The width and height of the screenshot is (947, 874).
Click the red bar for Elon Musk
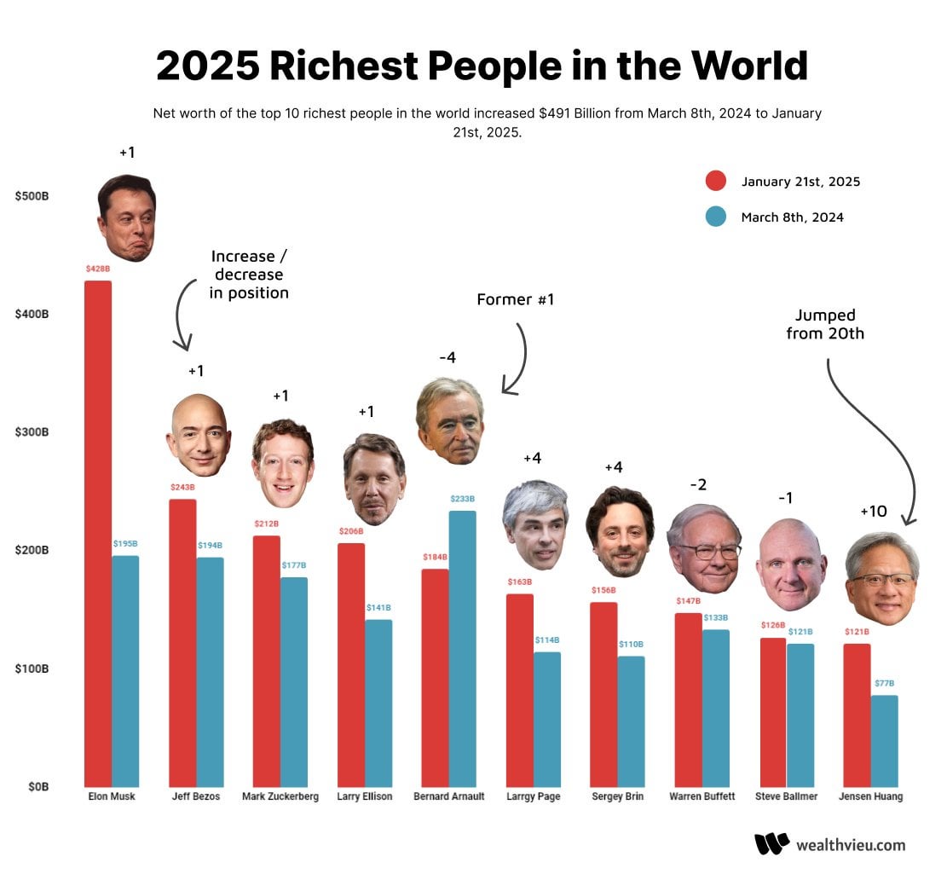coord(98,533)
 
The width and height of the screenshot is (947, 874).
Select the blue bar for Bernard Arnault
coord(462,648)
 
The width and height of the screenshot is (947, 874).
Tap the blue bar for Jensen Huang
coord(886,740)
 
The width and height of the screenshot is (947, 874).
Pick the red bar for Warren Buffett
coord(688,699)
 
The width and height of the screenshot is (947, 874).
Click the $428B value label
coord(98,269)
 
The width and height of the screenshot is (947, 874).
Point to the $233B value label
coord(462,499)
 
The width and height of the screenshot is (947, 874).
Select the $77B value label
coord(886,684)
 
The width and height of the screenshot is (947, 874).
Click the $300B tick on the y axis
coord(32,432)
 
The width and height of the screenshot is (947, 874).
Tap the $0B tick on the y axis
coord(37,786)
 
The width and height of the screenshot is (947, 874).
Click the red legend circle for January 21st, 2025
coord(716,182)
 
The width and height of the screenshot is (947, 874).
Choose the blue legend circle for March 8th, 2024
coord(716,217)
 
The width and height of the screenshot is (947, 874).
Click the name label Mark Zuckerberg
coord(280,796)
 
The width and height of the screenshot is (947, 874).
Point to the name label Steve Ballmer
coord(786,796)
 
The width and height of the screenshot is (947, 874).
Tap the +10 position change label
coord(874,512)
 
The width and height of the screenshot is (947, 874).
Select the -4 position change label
coord(448,357)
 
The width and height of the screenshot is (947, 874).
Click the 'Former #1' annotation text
coord(515,299)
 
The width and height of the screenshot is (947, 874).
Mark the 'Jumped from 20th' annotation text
coord(825,325)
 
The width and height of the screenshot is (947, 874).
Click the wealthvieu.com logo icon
coord(771,844)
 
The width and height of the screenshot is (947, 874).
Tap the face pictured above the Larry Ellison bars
coord(374,479)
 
